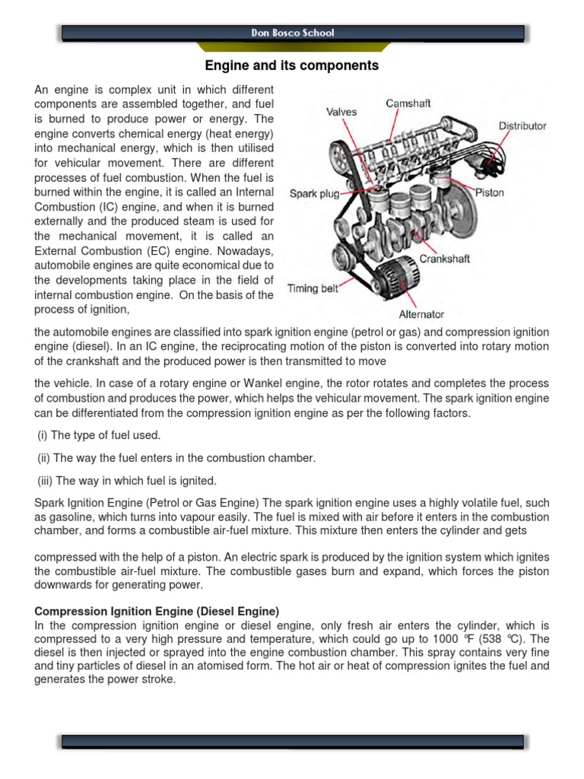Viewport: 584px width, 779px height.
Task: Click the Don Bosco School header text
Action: click(x=292, y=33)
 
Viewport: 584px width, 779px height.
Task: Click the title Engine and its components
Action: click(x=292, y=66)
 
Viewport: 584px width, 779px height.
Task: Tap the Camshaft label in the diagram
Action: click(x=409, y=103)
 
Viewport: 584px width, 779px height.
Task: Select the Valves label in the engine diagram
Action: click(x=342, y=112)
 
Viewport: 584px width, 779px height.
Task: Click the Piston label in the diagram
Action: click(x=489, y=192)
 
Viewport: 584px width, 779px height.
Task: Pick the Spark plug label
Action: click(x=314, y=194)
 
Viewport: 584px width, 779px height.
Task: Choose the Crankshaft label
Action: click(x=445, y=259)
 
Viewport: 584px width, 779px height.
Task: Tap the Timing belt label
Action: click(x=313, y=288)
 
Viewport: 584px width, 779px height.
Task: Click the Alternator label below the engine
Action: click(x=421, y=313)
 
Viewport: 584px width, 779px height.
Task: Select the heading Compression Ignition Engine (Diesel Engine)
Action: click(x=157, y=612)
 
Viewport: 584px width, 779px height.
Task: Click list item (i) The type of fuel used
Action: click(x=99, y=435)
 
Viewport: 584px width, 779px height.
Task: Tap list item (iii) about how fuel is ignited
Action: click(x=127, y=480)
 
